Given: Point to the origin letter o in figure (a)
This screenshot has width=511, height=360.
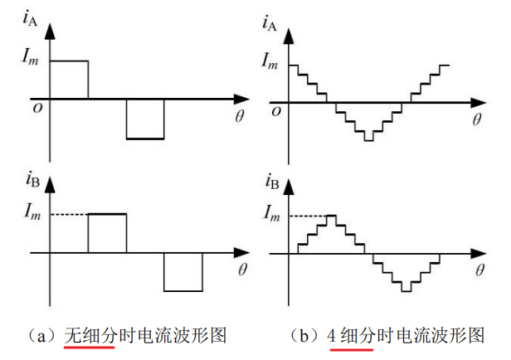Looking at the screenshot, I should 37,106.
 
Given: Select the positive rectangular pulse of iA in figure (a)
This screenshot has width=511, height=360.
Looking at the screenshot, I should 70,80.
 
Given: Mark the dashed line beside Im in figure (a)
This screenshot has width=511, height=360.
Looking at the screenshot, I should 69,215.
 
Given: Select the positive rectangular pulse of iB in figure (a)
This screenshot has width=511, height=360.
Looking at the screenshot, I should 107,233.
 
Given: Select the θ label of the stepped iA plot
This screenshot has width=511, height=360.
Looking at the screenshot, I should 477,119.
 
